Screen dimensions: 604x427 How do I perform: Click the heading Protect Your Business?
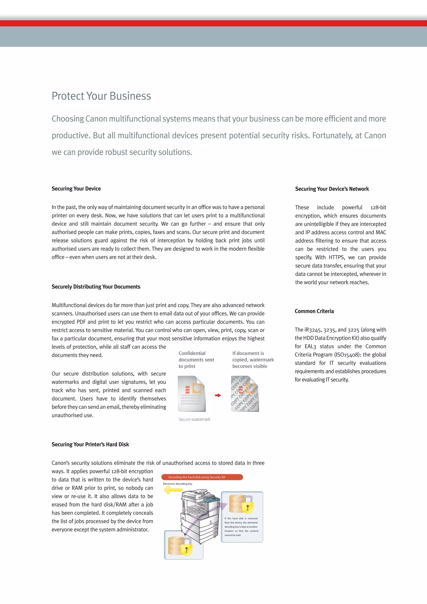(x=101, y=96)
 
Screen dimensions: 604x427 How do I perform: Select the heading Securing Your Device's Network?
(x=332, y=189)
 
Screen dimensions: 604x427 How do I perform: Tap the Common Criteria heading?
(x=314, y=311)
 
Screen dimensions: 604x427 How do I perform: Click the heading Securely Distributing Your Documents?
(x=96, y=287)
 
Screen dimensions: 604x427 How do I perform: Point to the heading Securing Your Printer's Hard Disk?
(x=90, y=444)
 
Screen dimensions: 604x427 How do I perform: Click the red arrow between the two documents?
(x=218, y=395)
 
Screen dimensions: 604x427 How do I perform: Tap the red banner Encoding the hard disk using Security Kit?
(x=202, y=477)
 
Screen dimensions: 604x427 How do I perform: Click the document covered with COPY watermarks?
(x=245, y=394)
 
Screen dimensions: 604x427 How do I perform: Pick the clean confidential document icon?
(x=191, y=394)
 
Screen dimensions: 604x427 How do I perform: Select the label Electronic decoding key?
(x=177, y=484)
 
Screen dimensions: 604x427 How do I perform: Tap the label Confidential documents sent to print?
(x=196, y=360)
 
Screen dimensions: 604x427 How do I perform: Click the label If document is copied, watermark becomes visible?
(x=253, y=360)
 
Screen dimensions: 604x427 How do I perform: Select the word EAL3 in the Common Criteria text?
(x=310, y=346)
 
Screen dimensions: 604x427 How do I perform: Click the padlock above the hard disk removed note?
(x=247, y=505)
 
